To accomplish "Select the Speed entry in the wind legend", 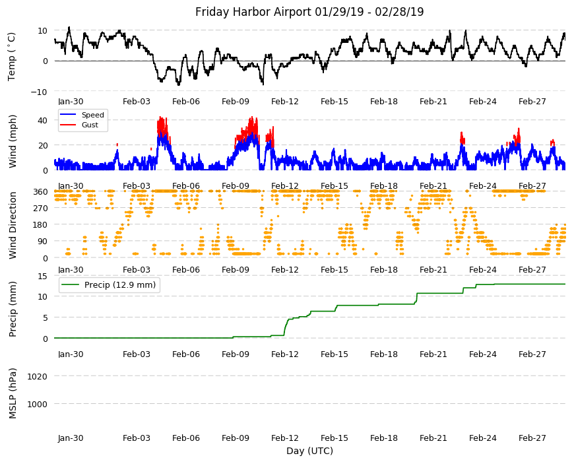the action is click(92, 115).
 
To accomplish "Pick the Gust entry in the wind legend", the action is click(90, 125).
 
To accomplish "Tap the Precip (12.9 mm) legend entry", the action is click(120, 285).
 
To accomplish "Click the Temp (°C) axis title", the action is click(12, 57).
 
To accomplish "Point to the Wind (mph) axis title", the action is click(13, 141).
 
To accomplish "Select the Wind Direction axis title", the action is click(13, 225).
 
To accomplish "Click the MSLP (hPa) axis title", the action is click(13, 393).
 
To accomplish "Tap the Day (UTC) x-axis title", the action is click(309, 451).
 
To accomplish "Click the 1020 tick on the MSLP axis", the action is click(38, 376).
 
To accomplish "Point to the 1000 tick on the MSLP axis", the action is click(38, 404).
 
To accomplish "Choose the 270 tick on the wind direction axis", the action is click(40, 209).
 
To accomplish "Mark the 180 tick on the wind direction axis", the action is click(40, 225).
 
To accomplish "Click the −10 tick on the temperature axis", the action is click(40, 92).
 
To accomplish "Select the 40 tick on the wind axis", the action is click(43, 120).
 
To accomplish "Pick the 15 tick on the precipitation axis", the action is click(43, 276).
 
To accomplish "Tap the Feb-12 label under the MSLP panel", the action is click(285, 438).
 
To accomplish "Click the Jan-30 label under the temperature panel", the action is click(71, 102).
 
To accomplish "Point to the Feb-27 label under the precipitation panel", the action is click(532, 354).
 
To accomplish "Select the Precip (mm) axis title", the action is click(13, 309).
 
